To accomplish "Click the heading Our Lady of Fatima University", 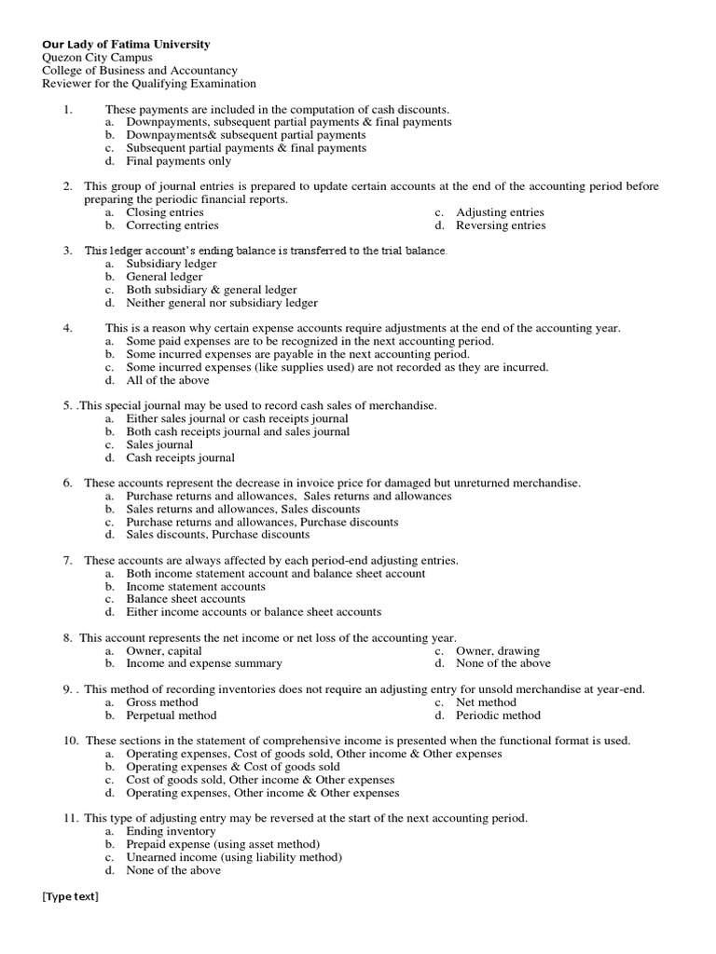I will click(x=126, y=44).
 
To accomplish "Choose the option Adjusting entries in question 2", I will click(x=500, y=212).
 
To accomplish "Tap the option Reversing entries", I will click(x=501, y=225).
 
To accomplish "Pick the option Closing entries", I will click(x=165, y=212).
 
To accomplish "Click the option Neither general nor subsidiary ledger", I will click(x=222, y=303).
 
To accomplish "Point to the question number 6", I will click(x=68, y=483).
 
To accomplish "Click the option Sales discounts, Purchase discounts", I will click(x=218, y=535).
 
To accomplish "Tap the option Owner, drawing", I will click(x=497, y=650).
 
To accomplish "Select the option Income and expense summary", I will click(x=204, y=663).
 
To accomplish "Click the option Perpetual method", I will click(x=172, y=715).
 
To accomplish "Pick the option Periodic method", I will click(x=498, y=715).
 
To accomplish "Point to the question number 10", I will click(x=71, y=741).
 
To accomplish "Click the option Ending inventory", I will click(x=172, y=831).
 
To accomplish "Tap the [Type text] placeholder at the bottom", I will click(x=70, y=896).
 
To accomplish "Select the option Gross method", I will click(x=162, y=702).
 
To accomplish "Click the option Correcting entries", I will click(x=172, y=225).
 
